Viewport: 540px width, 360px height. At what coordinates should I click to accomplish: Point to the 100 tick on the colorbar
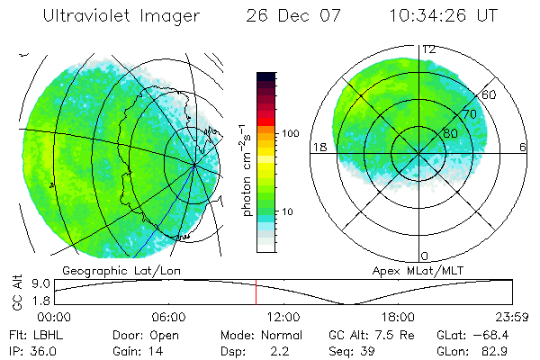pyautogui.click(x=292, y=133)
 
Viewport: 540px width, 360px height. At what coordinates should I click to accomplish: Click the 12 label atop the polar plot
pyautogui.click(x=430, y=49)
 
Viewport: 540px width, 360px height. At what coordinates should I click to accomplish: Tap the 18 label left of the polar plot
pyautogui.click(x=318, y=147)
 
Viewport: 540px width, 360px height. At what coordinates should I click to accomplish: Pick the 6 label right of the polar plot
pyautogui.click(x=523, y=147)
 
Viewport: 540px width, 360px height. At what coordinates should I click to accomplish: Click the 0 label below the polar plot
pyautogui.click(x=425, y=256)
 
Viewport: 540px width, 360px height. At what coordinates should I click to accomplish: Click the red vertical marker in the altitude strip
pyautogui.click(x=256, y=292)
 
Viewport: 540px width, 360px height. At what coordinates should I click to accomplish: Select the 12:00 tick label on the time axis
pyautogui.click(x=283, y=317)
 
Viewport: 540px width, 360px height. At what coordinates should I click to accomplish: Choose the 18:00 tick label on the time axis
pyautogui.click(x=398, y=317)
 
